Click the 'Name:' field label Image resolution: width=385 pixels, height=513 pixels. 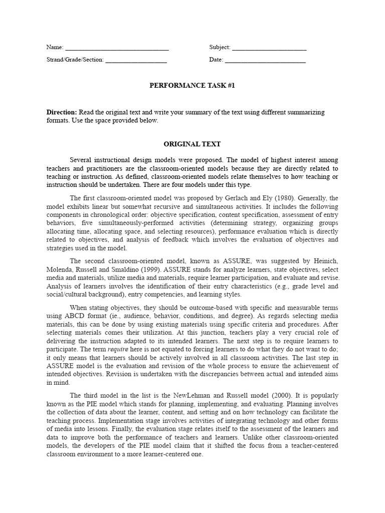[55, 48]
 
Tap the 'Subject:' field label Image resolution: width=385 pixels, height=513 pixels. [220, 48]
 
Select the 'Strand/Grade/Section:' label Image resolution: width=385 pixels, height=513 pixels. [75, 60]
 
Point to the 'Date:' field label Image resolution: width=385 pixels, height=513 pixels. [216, 60]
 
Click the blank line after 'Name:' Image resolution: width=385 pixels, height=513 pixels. [117, 49]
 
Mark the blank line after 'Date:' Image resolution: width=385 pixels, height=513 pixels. [265, 61]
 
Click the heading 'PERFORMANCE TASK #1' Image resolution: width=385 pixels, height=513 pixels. [192, 86]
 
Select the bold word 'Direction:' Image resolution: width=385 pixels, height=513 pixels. [62, 112]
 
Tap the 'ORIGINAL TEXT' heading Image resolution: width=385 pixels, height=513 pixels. [192, 144]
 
